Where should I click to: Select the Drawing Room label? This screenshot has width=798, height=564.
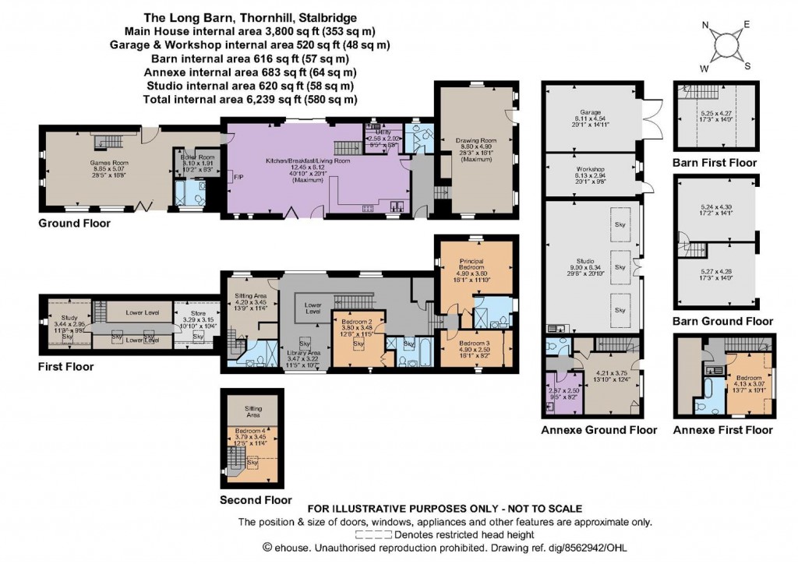click(475, 141)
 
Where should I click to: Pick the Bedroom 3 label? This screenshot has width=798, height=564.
click(475, 344)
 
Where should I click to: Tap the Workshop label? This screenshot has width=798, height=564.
click(591, 168)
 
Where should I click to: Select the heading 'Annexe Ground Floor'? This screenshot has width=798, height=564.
click(598, 430)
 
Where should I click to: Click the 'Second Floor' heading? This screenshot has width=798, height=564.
click(256, 500)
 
